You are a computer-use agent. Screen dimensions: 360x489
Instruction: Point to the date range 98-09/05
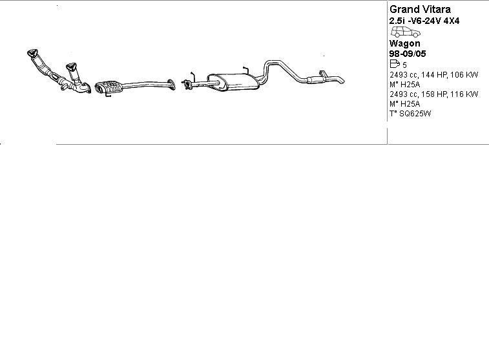point(408,54)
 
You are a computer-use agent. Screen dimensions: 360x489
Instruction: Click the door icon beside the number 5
point(395,65)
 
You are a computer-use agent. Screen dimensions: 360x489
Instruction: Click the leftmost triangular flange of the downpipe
point(31,52)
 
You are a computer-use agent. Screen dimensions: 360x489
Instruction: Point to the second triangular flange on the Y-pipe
point(71,67)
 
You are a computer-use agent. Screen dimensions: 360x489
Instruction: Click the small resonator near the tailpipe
point(316,80)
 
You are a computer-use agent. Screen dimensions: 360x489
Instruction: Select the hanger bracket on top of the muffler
point(244,69)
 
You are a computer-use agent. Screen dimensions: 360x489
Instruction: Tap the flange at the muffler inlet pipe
point(187,83)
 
